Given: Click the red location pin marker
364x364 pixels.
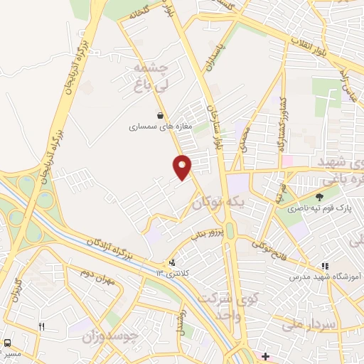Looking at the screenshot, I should pos(183,167).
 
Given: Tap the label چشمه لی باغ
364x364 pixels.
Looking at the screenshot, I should pos(151,77).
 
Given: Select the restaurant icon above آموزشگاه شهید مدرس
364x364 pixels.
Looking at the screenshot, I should pos(325,265).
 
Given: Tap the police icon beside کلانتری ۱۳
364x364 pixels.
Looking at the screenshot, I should pos(171,261).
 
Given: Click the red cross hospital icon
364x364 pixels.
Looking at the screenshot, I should pos(265,356).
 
